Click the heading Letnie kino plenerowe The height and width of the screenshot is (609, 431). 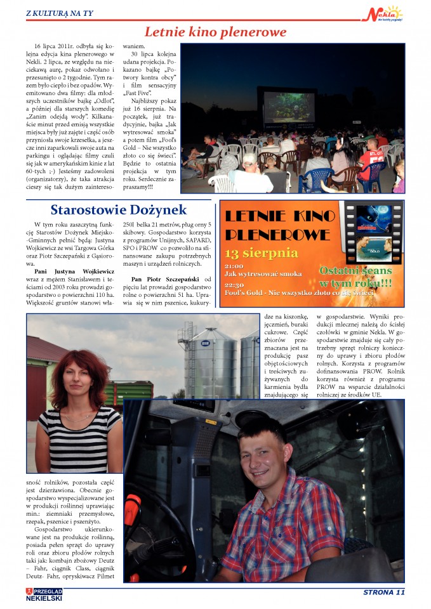click(x=215, y=32)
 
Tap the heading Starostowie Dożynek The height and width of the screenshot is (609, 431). click(x=119, y=209)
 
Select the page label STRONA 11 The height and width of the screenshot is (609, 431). click(x=383, y=593)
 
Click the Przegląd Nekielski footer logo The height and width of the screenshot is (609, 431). click(x=44, y=594)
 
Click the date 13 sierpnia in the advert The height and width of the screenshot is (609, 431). click(x=261, y=253)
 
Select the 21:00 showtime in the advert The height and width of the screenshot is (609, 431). click(x=234, y=266)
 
